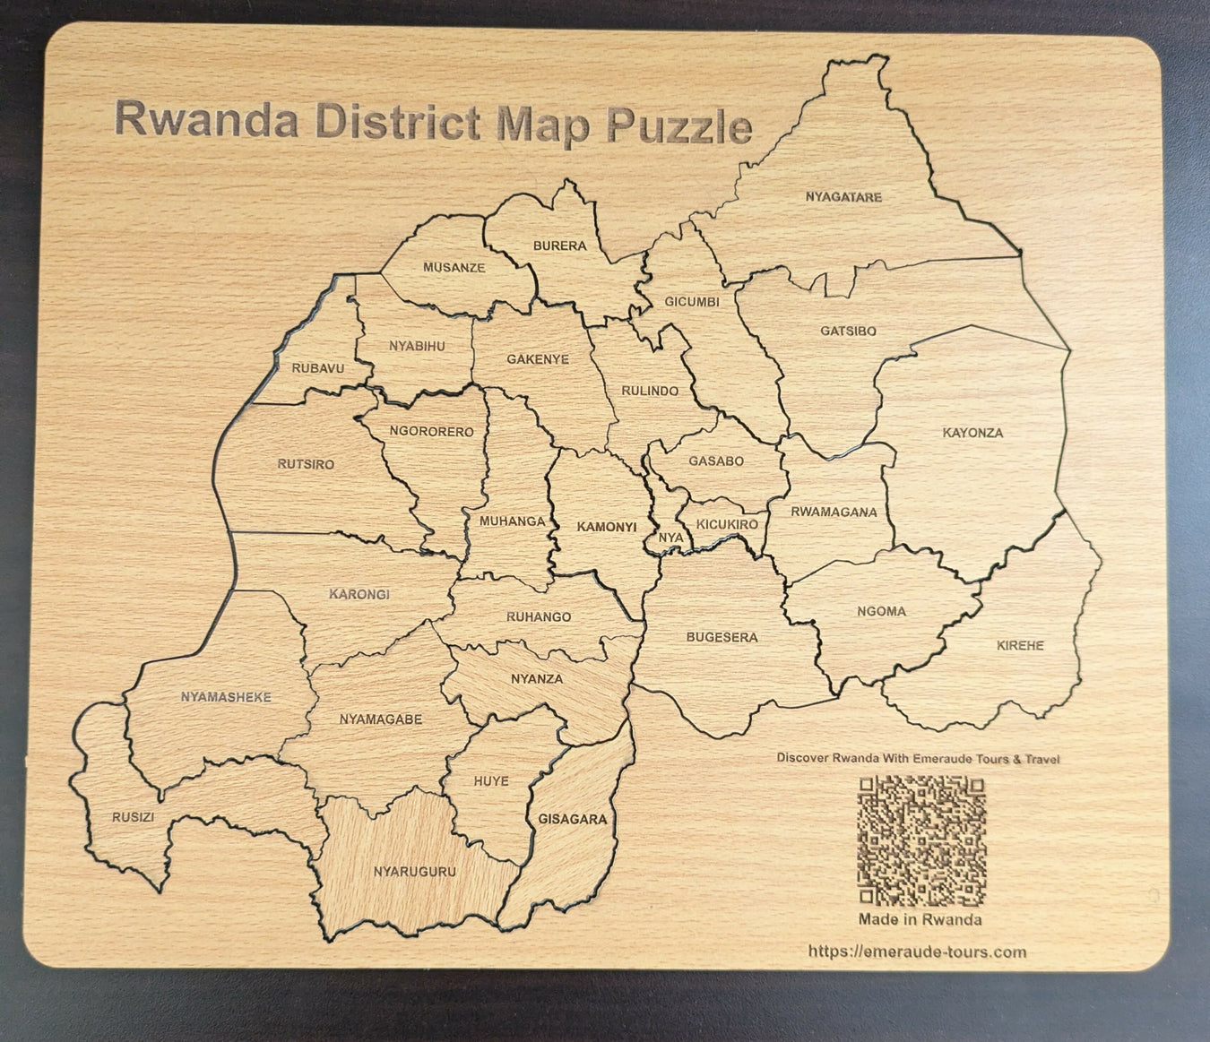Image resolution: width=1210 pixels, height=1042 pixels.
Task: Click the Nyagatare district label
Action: point(843,197)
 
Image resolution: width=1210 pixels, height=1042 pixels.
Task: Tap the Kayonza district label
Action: point(972,433)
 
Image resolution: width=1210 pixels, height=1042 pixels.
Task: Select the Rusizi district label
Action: point(134,817)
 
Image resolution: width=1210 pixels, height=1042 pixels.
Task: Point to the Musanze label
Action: point(454,267)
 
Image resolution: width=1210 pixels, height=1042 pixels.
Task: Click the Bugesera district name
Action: point(722,637)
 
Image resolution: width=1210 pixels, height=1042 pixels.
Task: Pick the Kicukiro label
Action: point(727,524)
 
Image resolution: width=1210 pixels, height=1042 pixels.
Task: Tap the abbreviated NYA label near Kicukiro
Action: point(670,538)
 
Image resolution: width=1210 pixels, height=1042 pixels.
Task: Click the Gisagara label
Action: point(573,819)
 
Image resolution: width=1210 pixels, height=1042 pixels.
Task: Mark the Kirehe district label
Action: point(1020,645)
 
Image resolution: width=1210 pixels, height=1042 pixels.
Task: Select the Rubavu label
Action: point(317,367)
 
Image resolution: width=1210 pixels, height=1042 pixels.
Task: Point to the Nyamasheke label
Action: point(226,697)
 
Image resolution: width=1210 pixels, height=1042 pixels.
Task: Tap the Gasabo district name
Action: point(716,461)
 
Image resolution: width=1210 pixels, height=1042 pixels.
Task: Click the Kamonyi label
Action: point(606,526)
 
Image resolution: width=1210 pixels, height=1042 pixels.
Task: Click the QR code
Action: point(921,840)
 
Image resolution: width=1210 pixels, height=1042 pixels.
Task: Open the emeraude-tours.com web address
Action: point(917,952)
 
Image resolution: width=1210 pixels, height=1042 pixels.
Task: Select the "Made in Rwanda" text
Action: point(920,919)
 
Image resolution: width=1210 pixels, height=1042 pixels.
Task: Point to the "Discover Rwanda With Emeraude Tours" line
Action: point(918,758)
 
